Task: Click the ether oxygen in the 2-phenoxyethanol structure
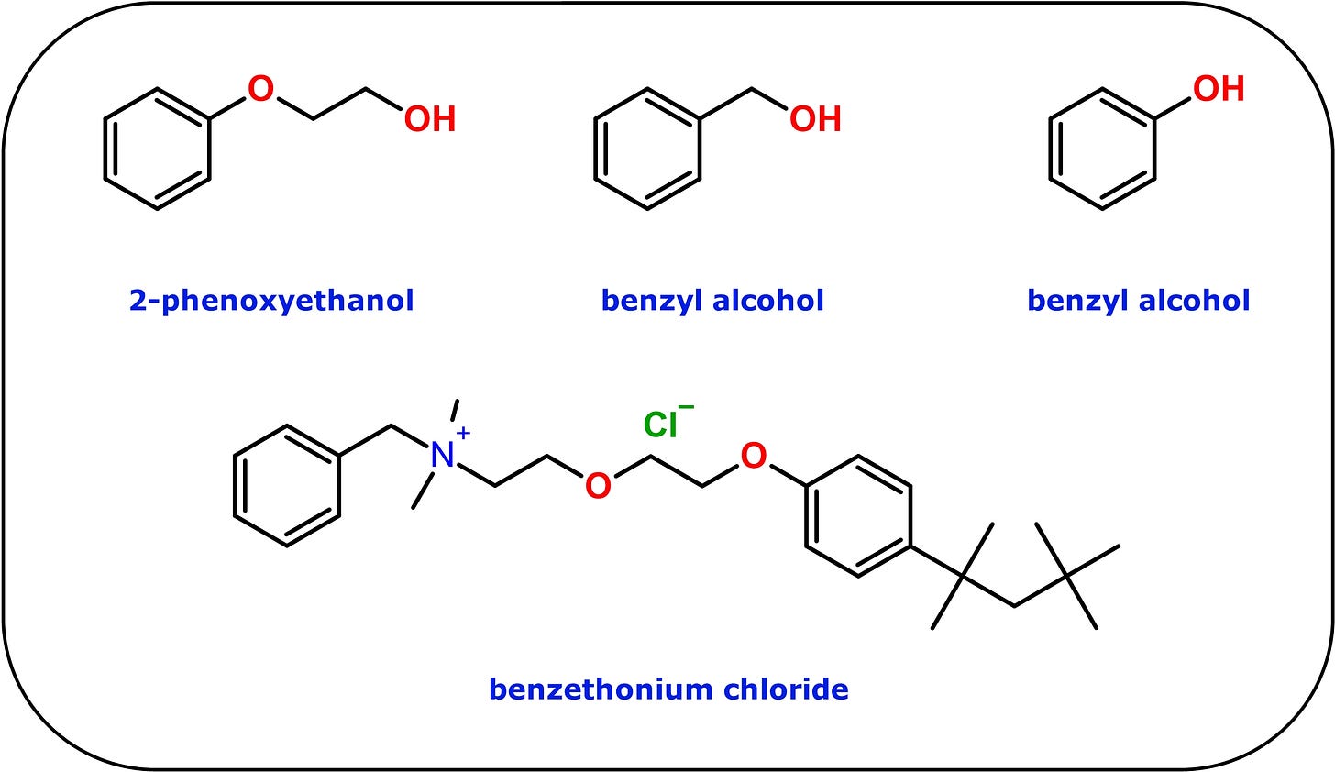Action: point(260,89)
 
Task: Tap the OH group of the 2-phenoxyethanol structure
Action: point(430,118)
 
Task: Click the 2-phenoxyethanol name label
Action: point(271,301)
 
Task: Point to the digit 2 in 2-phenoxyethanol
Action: point(138,300)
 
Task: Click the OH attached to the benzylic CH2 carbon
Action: point(815,118)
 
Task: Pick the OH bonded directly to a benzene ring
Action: point(1219,89)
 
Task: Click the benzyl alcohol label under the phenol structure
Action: point(1139,301)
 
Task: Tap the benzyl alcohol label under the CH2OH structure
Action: point(712,301)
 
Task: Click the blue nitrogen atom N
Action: point(442,456)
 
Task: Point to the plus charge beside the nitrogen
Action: point(464,433)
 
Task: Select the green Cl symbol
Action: point(660,425)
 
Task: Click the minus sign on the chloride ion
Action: point(687,408)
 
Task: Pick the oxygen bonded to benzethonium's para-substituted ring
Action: point(754,456)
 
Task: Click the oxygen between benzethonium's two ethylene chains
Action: point(598,486)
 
